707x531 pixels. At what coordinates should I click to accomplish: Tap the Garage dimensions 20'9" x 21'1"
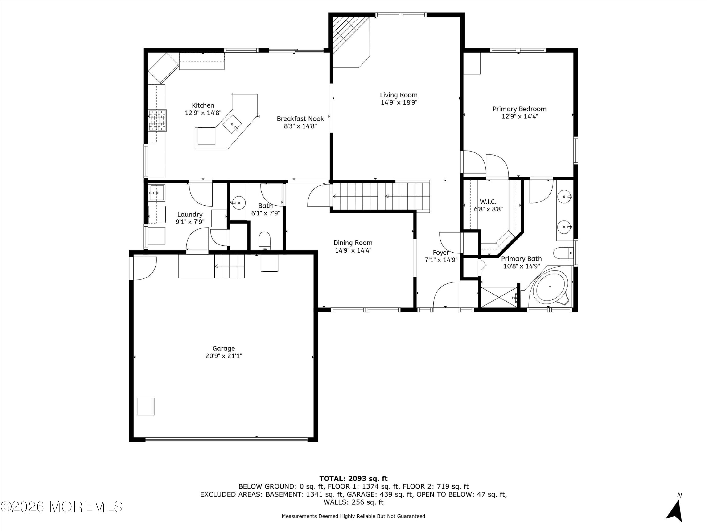tap(224, 356)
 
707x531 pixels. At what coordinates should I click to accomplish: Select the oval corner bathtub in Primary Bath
tap(550, 286)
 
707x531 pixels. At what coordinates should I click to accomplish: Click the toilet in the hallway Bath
tap(264, 241)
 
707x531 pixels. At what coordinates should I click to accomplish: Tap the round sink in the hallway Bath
tap(238, 202)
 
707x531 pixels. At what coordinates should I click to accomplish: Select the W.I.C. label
tap(488, 202)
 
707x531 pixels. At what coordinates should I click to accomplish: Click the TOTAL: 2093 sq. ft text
tap(353, 479)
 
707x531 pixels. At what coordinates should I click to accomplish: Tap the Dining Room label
tap(353, 243)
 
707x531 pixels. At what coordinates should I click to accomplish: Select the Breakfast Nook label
tap(300, 119)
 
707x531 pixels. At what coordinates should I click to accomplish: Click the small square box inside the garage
tap(146, 406)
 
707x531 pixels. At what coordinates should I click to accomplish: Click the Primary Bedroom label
tap(519, 109)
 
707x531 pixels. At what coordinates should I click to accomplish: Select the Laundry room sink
tap(157, 193)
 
